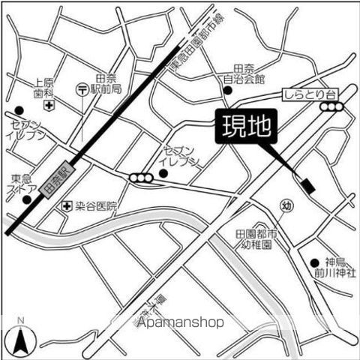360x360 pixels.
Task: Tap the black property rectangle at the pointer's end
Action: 305,184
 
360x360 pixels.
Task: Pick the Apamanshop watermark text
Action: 179,322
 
